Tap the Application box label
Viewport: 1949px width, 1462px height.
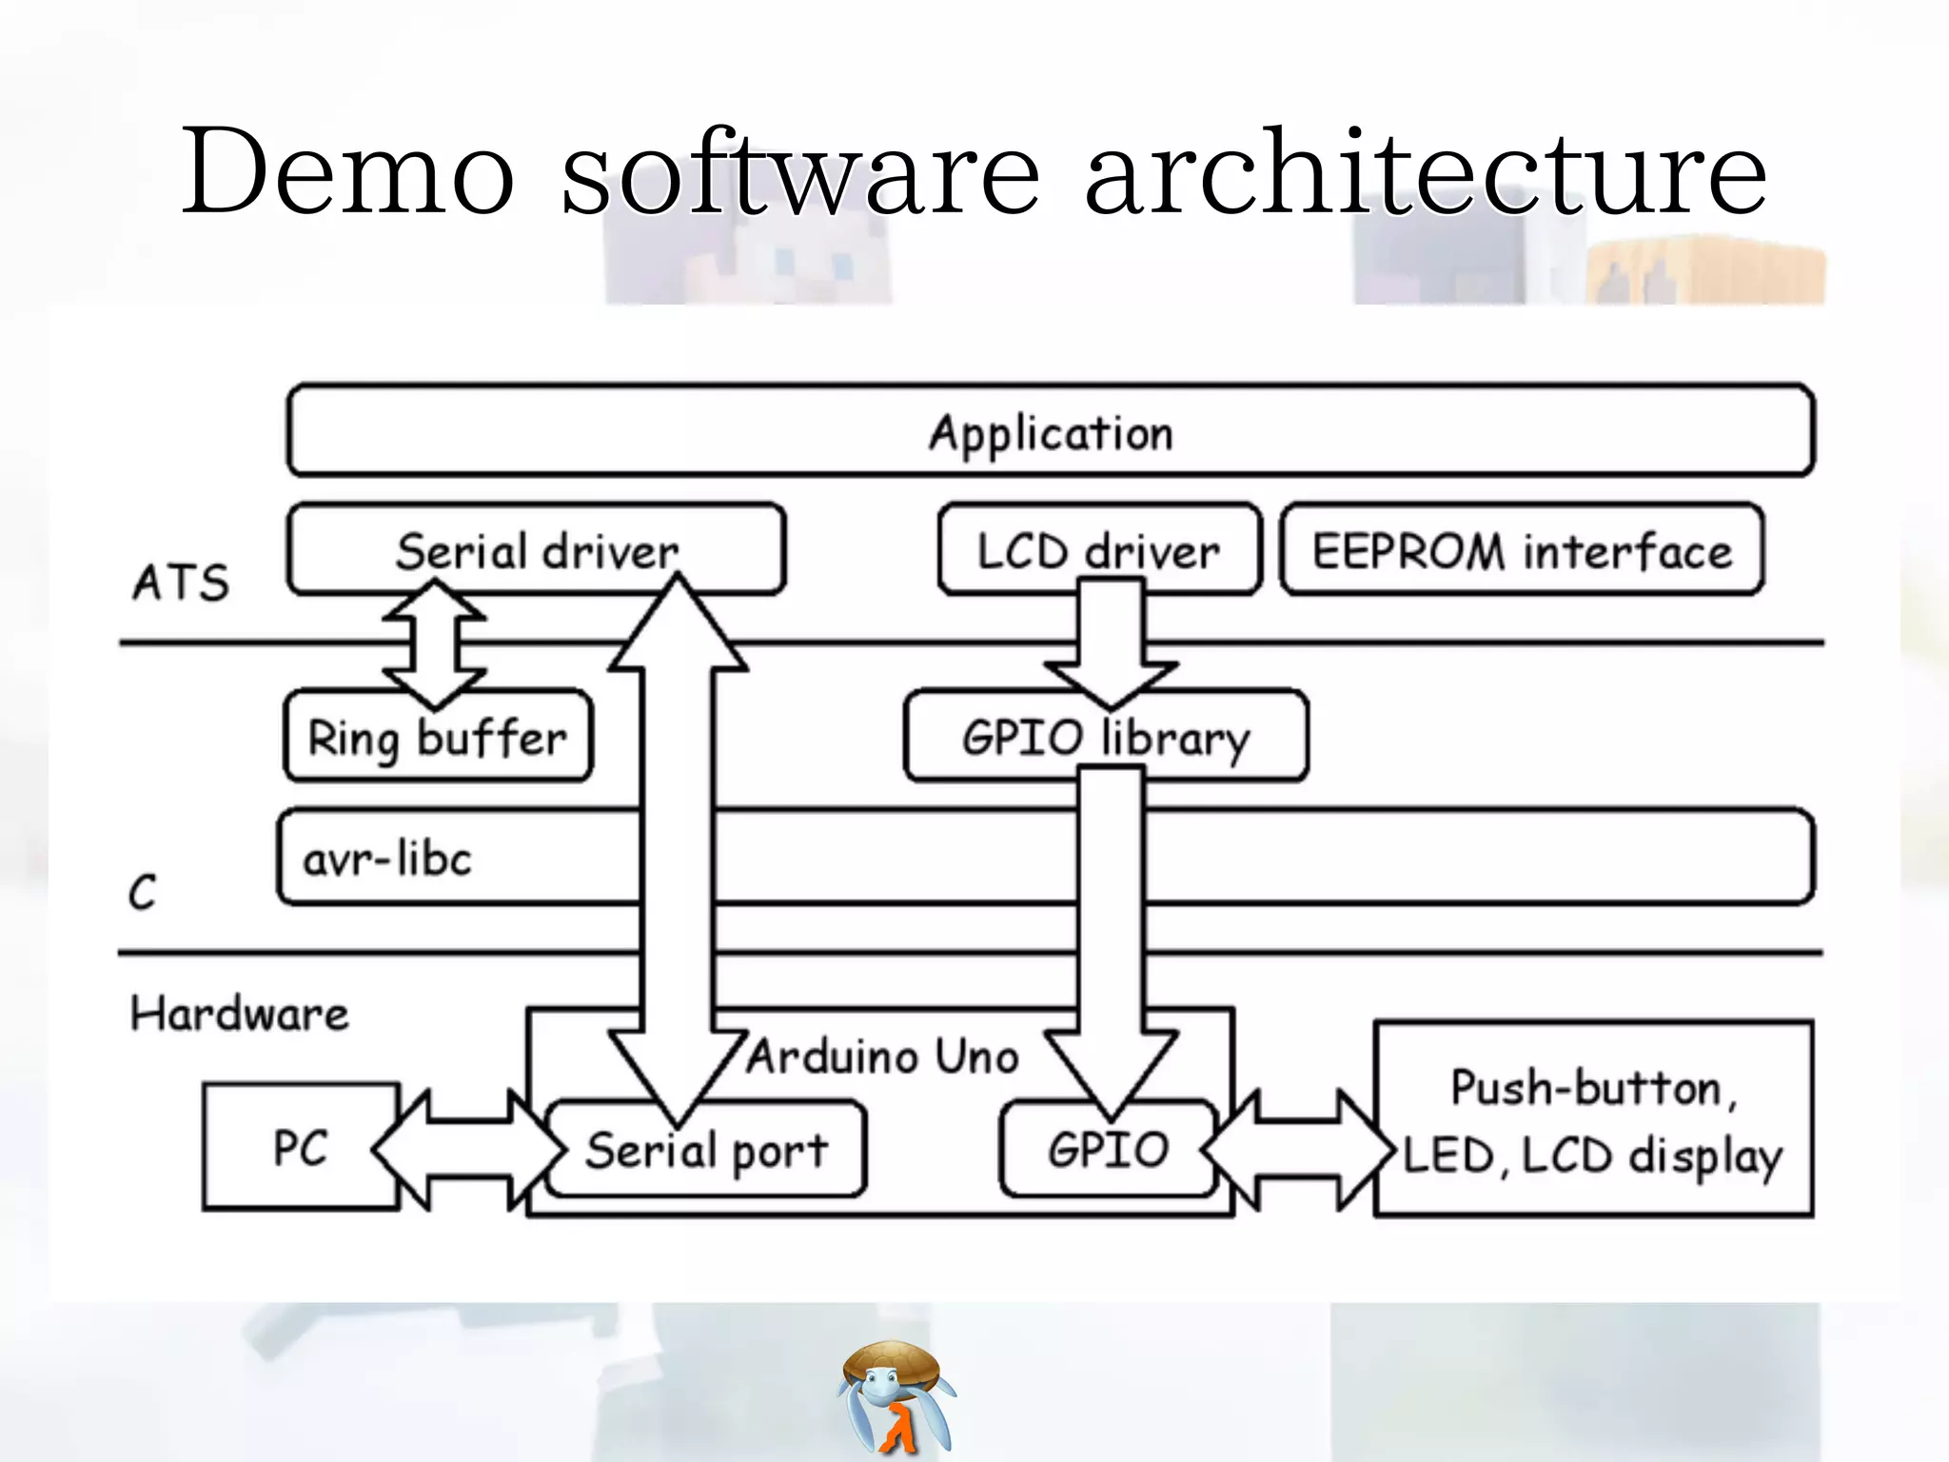pyautogui.click(x=1051, y=433)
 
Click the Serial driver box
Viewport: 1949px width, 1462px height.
pyautogui.click(x=537, y=550)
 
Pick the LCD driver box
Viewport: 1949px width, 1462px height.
pyautogui.click(x=1098, y=550)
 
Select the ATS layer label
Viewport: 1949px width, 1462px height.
pyautogui.click(x=181, y=583)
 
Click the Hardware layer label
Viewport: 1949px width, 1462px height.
pyautogui.click(x=240, y=1014)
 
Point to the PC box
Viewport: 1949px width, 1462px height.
pyautogui.click(x=301, y=1147)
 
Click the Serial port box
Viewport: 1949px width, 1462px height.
pyautogui.click(x=706, y=1151)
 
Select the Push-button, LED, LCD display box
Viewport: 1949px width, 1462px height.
pyautogui.click(x=1593, y=1120)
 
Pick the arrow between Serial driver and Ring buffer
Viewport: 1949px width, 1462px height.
pyautogui.click(x=435, y=645)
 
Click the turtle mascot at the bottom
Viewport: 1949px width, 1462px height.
pyautogui.click(x=896, y=1395)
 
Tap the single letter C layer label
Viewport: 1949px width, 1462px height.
pyautogui.click(x=142, y=893)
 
